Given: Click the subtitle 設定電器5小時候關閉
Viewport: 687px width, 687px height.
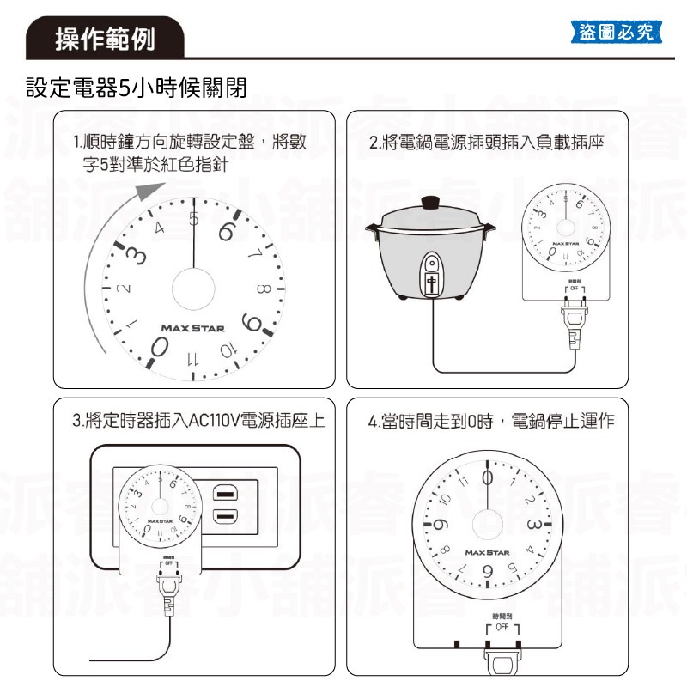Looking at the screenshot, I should coord(137,88).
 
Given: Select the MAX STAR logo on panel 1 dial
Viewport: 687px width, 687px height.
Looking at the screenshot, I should coord(192,328).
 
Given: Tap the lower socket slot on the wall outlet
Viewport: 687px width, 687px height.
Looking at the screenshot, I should coord(225,516).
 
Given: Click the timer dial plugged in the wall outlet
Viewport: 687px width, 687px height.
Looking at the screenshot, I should coord(160,507).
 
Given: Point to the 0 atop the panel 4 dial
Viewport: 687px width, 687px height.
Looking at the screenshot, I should coord(488,476).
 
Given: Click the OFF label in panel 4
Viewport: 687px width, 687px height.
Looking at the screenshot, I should coord(502,628).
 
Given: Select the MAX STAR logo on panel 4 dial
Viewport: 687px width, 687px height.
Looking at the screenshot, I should coord(488,552).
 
